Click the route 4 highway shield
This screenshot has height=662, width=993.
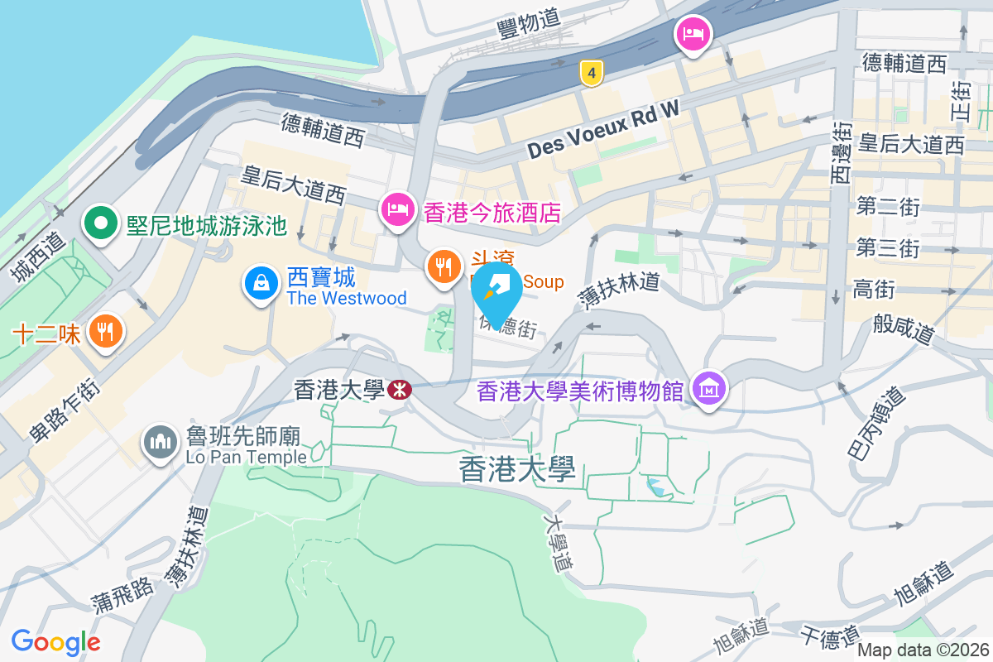coord(590,73)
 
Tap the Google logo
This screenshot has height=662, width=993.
coord(55,641)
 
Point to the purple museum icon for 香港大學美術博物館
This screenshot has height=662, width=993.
coord(709,387)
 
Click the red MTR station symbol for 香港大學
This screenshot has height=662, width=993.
coord(399,390)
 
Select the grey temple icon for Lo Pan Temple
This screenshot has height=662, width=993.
coord(160,442)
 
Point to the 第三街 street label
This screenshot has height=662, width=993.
coord(888,247)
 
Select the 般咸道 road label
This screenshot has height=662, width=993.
coord(904,329)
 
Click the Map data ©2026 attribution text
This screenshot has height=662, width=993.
coord(923,650)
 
